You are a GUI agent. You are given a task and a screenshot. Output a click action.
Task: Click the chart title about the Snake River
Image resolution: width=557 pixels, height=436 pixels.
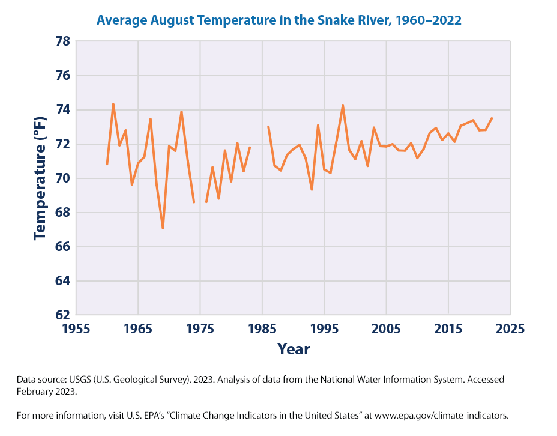[278, 20]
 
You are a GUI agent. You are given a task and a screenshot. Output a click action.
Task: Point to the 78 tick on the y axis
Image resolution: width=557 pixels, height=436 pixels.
[62, 42]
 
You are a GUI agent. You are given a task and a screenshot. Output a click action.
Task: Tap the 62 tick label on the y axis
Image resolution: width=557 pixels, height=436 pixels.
[62, 315]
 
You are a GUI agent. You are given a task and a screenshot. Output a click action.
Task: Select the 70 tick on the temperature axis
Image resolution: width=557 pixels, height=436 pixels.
[62, 179]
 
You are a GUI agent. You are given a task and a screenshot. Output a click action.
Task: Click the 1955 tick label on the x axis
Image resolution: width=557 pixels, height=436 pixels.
[77, 329]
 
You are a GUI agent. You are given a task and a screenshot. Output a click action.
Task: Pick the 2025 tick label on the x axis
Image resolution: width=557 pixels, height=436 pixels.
[510, 329]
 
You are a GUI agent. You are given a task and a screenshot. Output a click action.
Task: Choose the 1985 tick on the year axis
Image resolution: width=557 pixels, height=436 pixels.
[262, 329]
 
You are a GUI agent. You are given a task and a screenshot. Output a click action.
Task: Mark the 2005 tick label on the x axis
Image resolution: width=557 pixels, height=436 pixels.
[386, 329]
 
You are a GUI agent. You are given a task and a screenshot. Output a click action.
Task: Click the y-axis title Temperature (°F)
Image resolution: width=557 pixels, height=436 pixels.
[40, 178]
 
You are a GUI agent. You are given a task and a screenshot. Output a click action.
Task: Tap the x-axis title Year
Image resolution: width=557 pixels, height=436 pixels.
[294, 349]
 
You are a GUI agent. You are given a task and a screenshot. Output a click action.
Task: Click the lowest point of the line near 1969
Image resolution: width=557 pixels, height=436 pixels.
[163, 228]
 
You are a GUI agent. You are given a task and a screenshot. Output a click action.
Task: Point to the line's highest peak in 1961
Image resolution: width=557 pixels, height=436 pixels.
[113, 104]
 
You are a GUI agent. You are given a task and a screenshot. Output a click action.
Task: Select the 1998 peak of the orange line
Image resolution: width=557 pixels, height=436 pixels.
[343, 106]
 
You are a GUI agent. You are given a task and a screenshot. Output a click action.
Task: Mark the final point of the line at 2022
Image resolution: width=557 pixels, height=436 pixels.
[492, 118]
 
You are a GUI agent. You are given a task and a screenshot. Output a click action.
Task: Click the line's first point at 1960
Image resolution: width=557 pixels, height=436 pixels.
[107, 164]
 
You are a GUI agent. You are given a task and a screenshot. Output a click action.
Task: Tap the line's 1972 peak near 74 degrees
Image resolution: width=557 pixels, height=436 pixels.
[181, 112]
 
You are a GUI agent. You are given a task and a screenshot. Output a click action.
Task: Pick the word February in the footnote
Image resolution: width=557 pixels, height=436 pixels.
[35, 391]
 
